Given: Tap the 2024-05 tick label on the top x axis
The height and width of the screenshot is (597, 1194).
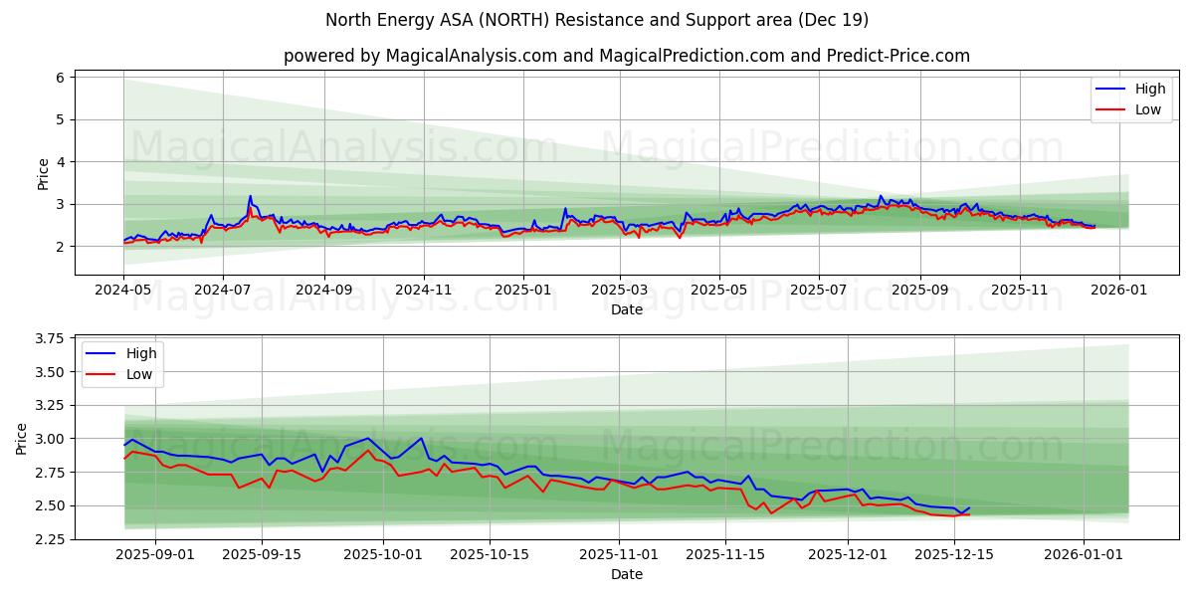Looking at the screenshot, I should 124,290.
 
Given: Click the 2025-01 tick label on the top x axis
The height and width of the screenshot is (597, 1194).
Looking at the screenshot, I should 522,290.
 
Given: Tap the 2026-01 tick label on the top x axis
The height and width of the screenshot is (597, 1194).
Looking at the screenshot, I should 1119,290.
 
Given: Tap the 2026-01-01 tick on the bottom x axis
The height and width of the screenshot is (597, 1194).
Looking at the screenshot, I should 1083,554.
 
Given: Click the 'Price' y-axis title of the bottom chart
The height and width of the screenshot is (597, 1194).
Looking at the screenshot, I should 22,438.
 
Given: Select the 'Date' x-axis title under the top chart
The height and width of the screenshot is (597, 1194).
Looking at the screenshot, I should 627,309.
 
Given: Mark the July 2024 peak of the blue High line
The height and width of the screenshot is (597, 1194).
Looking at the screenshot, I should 250,196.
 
